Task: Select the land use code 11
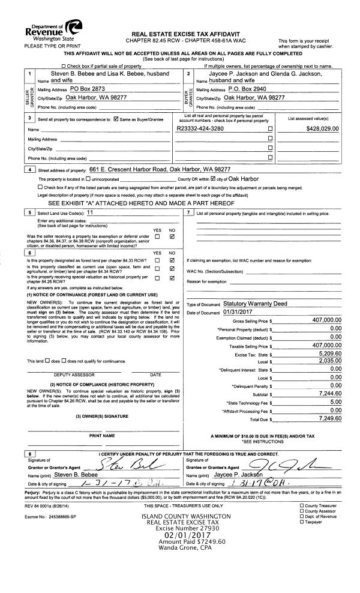(x=89, y=213)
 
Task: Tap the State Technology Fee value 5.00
(x=335, y=402)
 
